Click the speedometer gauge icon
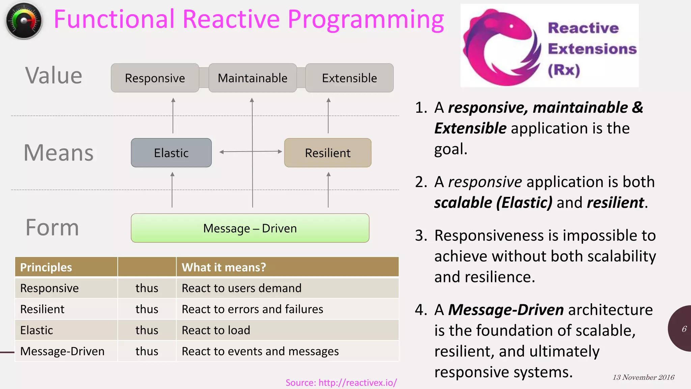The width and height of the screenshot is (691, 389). pyautogui.click(x=24, y=21)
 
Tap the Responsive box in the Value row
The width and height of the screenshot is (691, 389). pyautogui.click(x=155, y=78)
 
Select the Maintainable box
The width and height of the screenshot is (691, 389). pyautogui.click(x=252, y=78)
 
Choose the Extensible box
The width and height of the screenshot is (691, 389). pyautogui.click(x=349, y=78)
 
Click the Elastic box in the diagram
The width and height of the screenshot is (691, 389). pyautogui.click(x=171, y=153)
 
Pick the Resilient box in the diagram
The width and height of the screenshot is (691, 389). pyautogui.click(x=328, y=153)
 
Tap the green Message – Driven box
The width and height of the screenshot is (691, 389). pyautogui.click(x=250, y=228)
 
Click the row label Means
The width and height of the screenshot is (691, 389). pyautogui.click(x=58, y=153)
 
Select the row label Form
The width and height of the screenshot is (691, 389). pyautogui.click(x=52, y=228)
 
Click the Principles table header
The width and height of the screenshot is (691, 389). pyautogui.click(x=46, y=267)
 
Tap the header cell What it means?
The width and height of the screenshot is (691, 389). pyautogui.click(x=224, y=267)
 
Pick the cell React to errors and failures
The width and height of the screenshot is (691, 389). pyautogui.click(x=252, y=309)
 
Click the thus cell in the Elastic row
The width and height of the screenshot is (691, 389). pyautogui.click(x=147, y=330)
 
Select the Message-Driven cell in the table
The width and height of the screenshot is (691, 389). pyautogui.click(x=62, y=351)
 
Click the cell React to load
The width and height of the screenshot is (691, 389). pyautogui.click(x=216, y=330)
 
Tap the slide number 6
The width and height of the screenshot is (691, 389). pyautogui.click(x=684, y=329)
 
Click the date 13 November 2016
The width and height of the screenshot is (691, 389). pyautogui.click(x=643, y=378)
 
